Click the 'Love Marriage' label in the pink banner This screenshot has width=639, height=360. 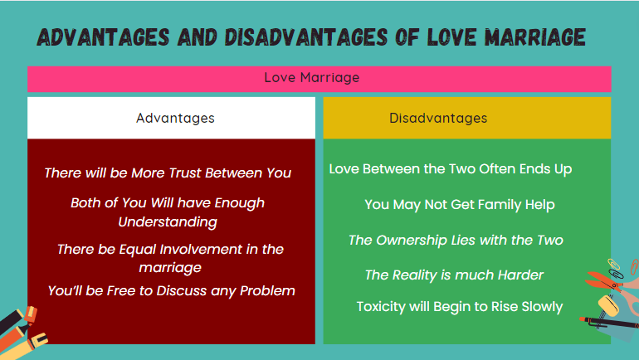[311, 78]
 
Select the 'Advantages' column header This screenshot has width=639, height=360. [175, 118]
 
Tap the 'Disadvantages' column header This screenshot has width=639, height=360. [438, 118]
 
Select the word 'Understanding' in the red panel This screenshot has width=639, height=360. [168, 221]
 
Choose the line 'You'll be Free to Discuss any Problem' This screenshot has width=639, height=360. [171, 290]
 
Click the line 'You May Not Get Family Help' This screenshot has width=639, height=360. [459, 204]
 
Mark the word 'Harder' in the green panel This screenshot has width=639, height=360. [520, 275]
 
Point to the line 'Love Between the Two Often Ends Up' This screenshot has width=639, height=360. [451, 168]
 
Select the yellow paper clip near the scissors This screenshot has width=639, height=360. [617, 269]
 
